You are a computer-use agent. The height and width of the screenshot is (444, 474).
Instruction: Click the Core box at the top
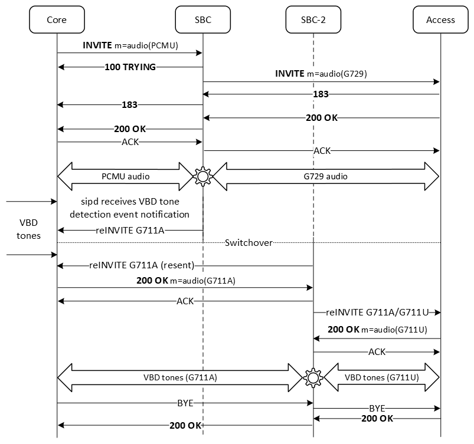point(57,19)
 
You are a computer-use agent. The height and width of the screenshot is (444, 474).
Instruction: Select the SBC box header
point(202,19)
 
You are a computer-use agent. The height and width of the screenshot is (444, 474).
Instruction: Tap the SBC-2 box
point(313,19)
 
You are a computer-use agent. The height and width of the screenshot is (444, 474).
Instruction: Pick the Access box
point(440,19)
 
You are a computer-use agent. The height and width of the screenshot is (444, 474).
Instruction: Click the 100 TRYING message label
point(130,67)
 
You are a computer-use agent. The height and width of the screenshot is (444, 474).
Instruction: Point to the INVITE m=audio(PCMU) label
point(129,45)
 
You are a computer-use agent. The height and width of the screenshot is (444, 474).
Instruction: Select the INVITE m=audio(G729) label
point(322,74)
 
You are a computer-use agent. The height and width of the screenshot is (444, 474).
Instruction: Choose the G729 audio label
point(321,176)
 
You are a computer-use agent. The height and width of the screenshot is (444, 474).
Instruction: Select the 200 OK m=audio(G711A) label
point(185,281)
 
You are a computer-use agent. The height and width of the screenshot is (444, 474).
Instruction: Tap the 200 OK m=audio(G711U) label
point(377,330)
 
